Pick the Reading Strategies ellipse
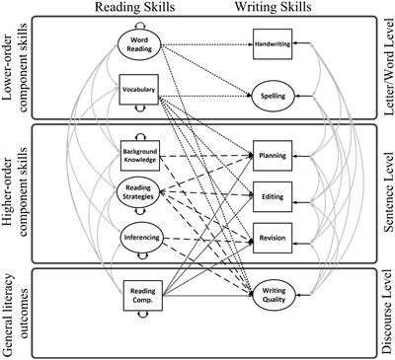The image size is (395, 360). pyautogui.click(x=138, y=194)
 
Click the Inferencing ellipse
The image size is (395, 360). pyautogui.click(x=138, y=238)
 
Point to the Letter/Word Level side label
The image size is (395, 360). pyautogui.click(x=383, y=68)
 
